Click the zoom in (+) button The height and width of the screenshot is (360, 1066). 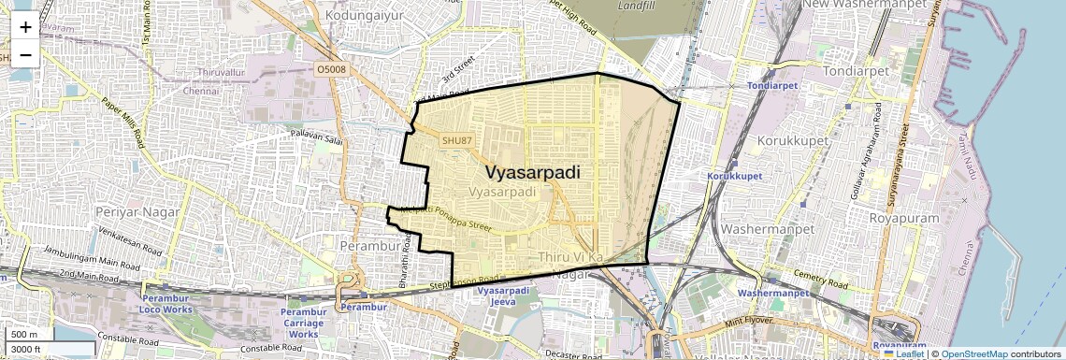[25, 27]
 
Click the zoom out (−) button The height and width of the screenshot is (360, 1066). [25, 54]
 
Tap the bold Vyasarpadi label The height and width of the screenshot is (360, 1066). [533, 173]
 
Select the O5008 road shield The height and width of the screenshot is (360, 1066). [332, 68]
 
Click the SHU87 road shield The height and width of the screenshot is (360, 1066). [457, 140]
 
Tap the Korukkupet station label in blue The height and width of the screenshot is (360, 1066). [735, 176]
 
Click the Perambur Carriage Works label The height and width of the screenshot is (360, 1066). [304, 322]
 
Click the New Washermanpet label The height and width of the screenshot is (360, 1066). [857, 5]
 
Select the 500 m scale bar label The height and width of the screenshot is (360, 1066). [24, 335]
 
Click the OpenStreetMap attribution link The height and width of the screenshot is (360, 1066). [978, 353]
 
